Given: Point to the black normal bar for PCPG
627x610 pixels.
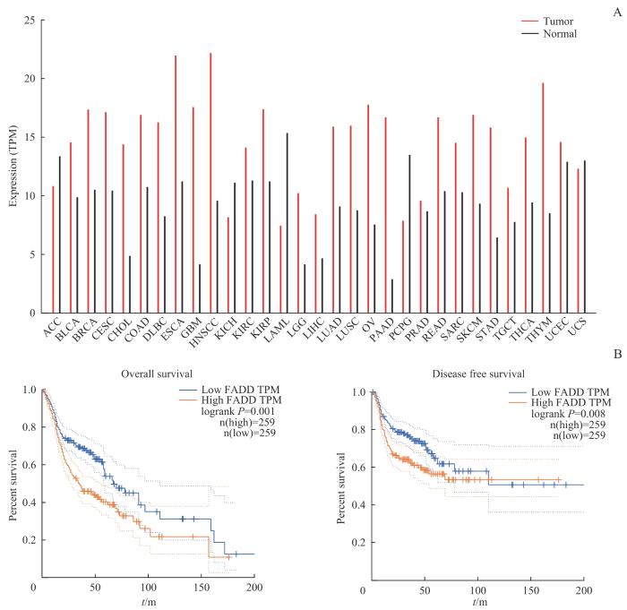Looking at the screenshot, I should [x=410, y=234].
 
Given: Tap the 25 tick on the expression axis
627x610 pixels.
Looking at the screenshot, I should [x=30, y=20].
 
